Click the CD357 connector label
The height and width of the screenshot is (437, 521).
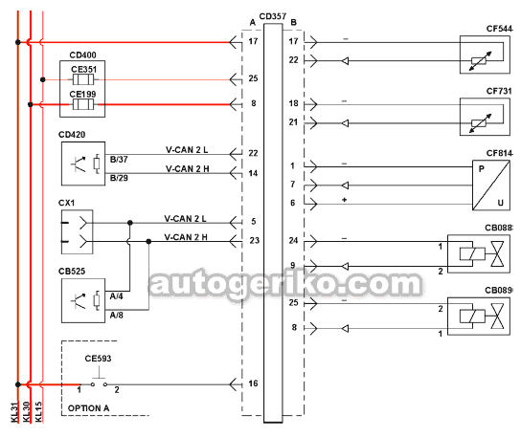[x=272, y=16]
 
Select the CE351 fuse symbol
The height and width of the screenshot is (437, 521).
[x=83, y=79]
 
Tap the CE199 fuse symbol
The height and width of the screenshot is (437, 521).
[x=83, y=104]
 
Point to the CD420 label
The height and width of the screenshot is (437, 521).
[x=72, y=135]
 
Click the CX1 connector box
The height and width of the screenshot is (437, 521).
[x=77, y=232]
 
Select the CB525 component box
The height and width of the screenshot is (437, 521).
[x=83, y=300]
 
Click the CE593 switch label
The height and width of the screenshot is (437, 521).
[x=98, y=359]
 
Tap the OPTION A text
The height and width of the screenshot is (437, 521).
[x=88, y=408]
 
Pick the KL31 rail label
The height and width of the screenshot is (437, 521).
[x=14, y=412]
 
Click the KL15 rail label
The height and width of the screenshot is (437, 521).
[x=39, y=412]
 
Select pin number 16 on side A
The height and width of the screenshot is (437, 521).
[x=253, y=383]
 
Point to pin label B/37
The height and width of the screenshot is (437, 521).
[x=119, y=160]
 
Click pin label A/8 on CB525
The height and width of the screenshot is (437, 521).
[x=116, y=315]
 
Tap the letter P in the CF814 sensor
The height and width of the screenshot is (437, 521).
[x=482, y=169]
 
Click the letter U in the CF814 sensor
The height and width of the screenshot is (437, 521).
[x=500, y=203]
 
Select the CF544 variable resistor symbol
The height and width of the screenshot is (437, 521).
[x=480, y=61]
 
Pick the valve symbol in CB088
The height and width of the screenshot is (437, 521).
[x=497, y=253]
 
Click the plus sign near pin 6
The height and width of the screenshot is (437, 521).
[x=344, y=200]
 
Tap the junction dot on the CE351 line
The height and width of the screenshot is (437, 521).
[x=42, y=79]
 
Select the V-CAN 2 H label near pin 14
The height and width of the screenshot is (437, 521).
[x=188, y=169]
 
